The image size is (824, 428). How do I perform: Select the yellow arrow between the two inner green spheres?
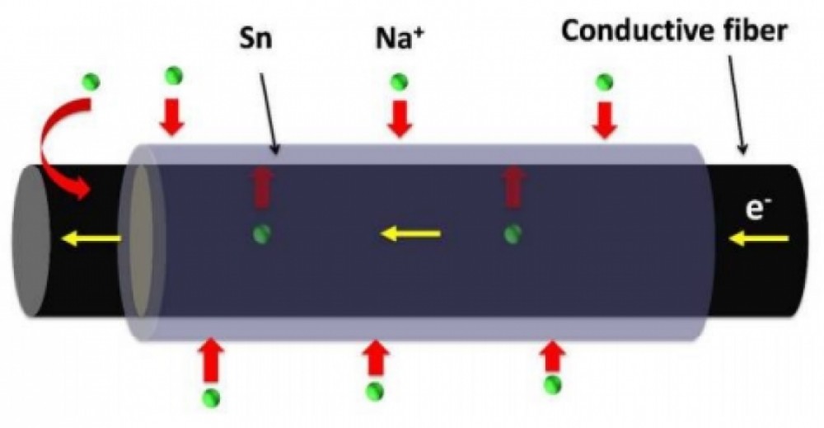pyautogui.click(x=410, y=235)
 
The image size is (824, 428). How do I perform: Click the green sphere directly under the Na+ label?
pyautogui.click(x=400, y=81)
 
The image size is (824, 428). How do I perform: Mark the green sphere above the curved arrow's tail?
pyautogui.click(x=92, y=81)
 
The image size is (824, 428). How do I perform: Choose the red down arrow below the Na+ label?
pyautogui.click(x=400, y=117)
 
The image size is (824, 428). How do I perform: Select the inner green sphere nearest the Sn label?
pyautogui.click(x=263, y=233)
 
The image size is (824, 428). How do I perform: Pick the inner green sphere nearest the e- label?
pyautogui.click(x=513, y=233)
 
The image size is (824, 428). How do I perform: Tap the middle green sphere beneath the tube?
pyautogui.click(x=376, y=390)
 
